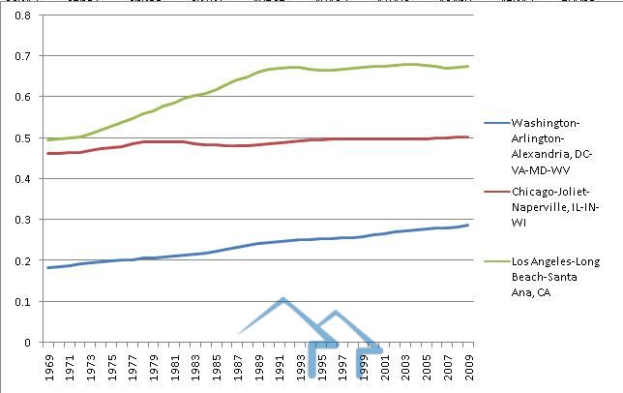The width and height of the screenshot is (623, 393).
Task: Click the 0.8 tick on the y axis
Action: pos(22,16)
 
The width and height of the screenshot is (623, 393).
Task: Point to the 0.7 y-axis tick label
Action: pos(22,57)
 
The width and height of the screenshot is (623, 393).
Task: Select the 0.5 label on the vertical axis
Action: pos(22,138)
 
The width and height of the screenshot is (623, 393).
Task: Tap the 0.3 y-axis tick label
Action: pos(22,220)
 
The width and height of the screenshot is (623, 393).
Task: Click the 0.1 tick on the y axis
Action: pos(22,302)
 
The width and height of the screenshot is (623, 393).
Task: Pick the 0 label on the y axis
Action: pos(28,343)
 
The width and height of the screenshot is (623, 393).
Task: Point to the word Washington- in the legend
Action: pos(544,124)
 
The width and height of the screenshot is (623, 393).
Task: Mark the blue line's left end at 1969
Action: pos(46,267)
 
